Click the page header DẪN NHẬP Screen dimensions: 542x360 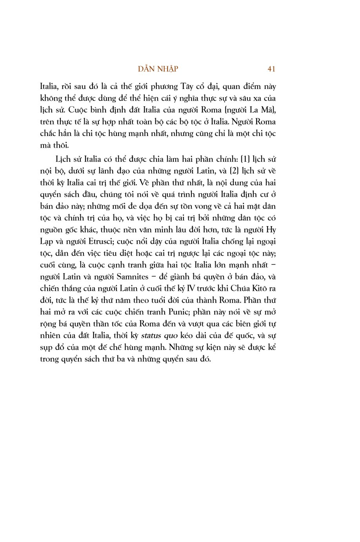click(158, 69)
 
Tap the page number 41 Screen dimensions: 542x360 click(271, 69)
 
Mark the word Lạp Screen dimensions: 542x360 click(47, 241)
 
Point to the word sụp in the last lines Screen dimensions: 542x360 click(47, 348)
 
